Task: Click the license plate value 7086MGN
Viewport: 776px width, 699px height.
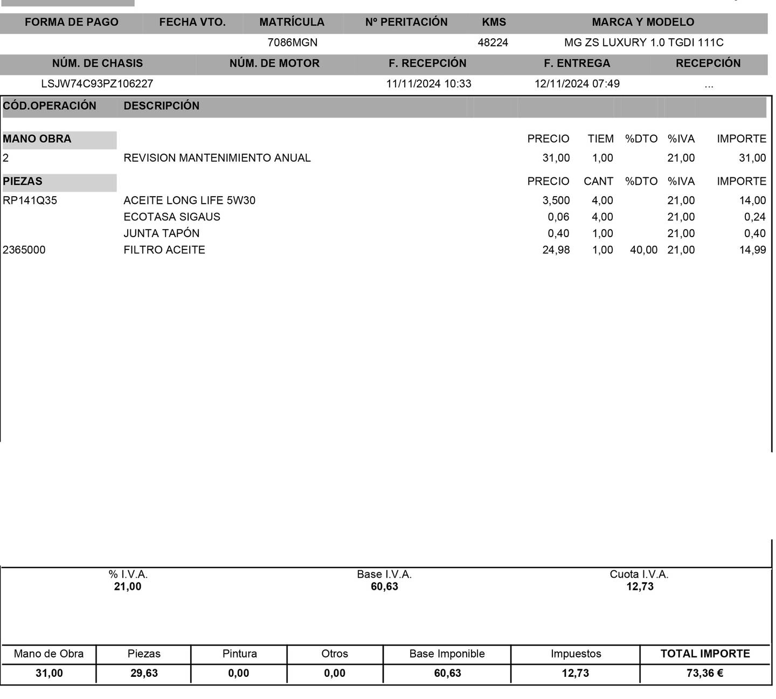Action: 292,43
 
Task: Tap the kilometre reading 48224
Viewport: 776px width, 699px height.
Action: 493,43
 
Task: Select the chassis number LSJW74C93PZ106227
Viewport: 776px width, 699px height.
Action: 97,84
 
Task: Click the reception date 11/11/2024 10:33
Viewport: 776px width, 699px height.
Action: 428,84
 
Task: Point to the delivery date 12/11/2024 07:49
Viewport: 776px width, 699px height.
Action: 577,84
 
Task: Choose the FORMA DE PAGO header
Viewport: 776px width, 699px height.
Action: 71,23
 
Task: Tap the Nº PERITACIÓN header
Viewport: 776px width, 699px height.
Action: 406,23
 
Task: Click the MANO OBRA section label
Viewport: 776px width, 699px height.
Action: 37,139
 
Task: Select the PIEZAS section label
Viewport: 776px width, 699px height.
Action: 23,182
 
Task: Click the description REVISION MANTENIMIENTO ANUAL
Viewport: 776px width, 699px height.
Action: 217,158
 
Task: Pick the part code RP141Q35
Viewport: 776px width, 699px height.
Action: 30,201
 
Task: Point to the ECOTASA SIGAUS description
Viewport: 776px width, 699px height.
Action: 171,217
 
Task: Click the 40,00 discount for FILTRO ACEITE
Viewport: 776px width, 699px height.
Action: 643,250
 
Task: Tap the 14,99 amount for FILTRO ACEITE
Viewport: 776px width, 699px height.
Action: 752,250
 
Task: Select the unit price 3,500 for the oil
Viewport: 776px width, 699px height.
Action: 556,201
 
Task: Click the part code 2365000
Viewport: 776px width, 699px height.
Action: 24,250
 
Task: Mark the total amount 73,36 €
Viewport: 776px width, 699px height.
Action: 704,674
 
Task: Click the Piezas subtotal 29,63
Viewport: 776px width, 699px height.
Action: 144,674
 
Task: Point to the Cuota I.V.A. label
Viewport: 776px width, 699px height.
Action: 639,575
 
